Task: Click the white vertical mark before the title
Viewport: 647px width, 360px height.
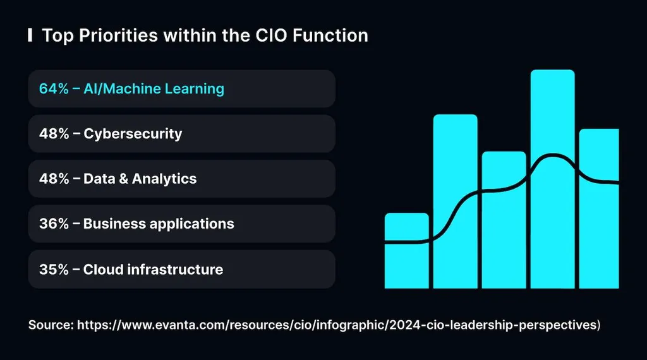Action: pyautogui.click(x=30, y=35)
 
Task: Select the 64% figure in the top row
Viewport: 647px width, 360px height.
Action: pyautogui.click(x=52, y=88)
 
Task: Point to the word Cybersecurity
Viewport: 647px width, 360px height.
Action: pyautogui.click(x=133, y=134)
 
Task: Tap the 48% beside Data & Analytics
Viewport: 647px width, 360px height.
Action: pyautogui.click(x=52, y=179)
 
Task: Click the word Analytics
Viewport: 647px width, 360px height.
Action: pyautogui.click(x=165, y=179)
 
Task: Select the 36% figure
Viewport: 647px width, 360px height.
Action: pyautogui.click(x=52, y=224)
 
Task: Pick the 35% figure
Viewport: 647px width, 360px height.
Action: pyautogui.click(x=52, y=270)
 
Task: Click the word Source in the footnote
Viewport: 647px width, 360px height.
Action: pyautogui.click(x=50, y=325)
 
